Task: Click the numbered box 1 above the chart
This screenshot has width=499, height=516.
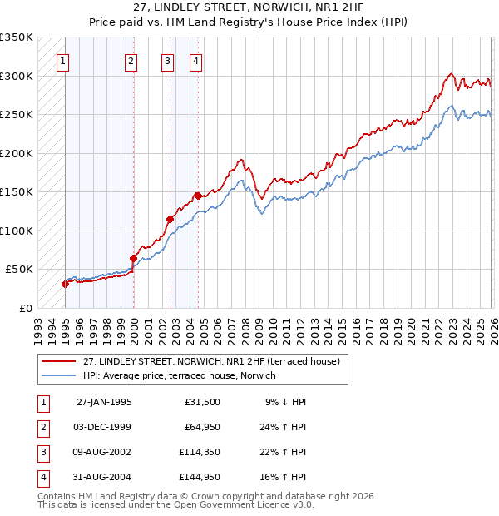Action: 63,60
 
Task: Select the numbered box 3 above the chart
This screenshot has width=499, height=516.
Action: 167,60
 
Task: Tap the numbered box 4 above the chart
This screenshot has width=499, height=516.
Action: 195,60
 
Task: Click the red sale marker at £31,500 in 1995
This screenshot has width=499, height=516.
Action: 65,284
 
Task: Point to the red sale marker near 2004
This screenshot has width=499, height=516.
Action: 198,196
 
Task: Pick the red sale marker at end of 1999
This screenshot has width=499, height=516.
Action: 132,258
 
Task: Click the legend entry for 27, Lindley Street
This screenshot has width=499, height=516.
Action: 211,361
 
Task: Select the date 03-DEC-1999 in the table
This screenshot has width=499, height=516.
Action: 103,427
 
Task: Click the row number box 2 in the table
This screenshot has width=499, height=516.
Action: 42,427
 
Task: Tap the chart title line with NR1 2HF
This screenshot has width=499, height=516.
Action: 249,9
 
